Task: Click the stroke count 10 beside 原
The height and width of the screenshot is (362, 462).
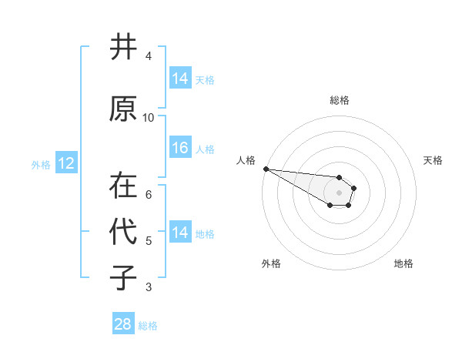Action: [x=149, y=118]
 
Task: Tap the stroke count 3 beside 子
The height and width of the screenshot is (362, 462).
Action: [x=149, y=287]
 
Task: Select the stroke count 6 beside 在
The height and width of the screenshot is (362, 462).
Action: [x=149, y=195]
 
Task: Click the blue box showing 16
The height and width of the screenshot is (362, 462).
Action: [x=180, y=148]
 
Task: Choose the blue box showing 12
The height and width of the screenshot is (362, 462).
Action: [x=65, y=163]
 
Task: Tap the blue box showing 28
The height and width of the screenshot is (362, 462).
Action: [x=123, y=324]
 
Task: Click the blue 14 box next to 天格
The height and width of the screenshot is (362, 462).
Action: [x=180, y=79]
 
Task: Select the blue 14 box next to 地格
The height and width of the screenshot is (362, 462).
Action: [x=180, y=233]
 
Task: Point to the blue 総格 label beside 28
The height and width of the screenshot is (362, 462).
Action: [x=148, y=326]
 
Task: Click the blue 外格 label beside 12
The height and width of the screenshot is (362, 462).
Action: [x=41, y=165]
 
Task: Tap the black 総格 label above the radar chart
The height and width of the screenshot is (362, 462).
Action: [x=340, y=100]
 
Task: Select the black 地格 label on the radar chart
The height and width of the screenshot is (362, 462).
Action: [x=403, y=263]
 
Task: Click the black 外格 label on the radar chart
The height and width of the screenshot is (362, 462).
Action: [x=271, y=263]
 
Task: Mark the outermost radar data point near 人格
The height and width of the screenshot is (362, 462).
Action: [x=266, y=169]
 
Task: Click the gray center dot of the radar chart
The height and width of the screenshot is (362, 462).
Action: [x=340, y=193]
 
